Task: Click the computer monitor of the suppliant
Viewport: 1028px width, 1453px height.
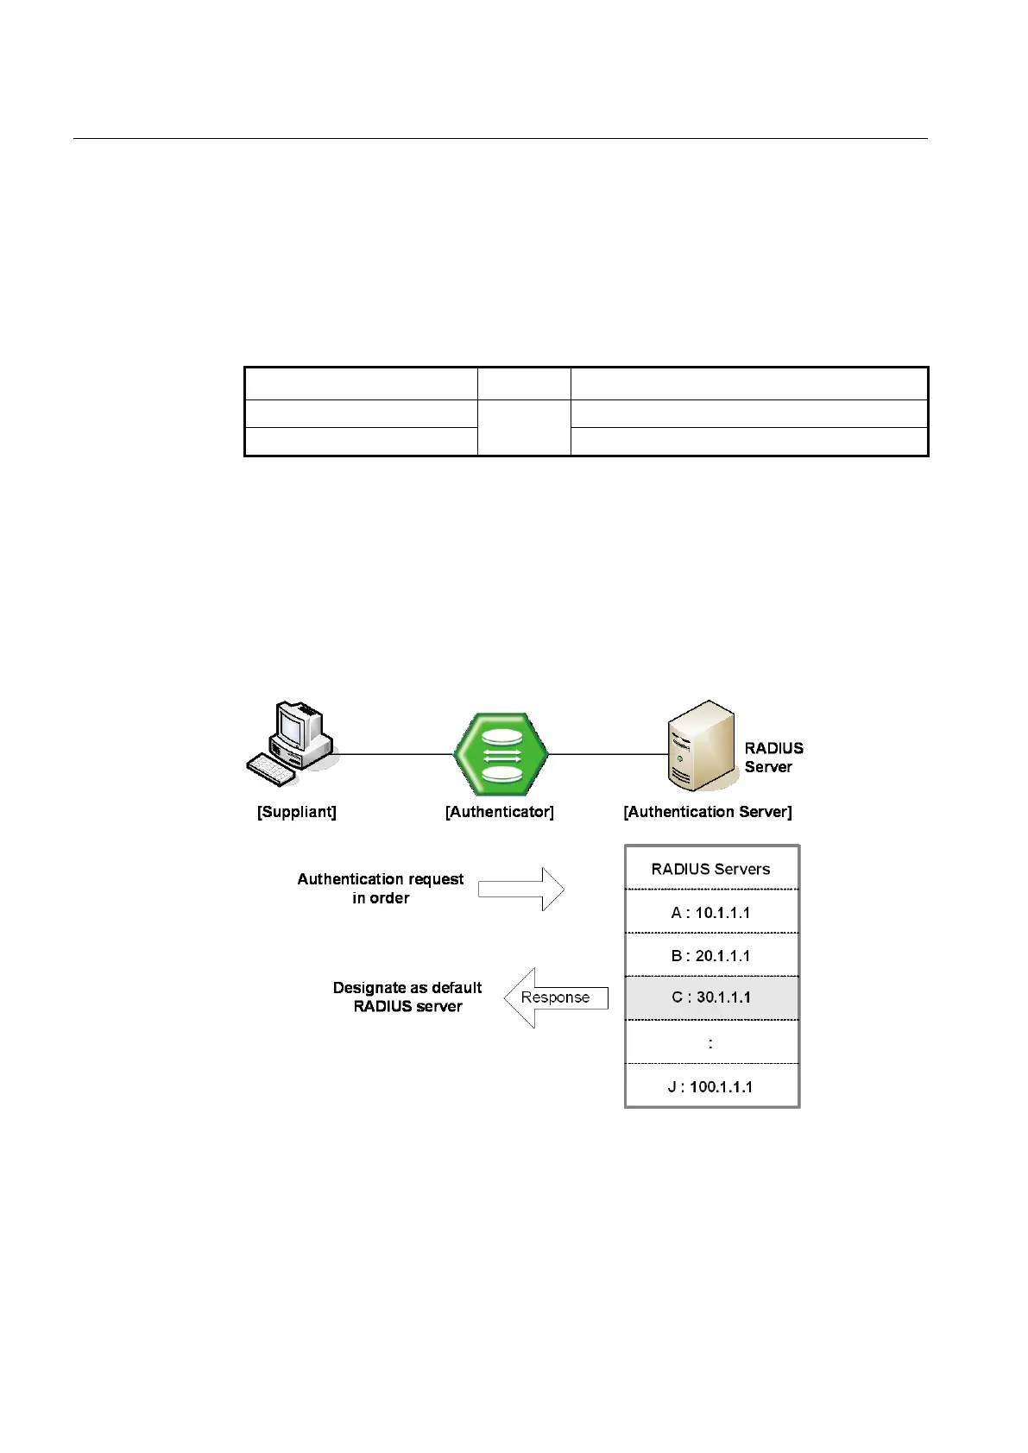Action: [293, 726]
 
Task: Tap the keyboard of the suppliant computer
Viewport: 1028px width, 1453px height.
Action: [272, 768]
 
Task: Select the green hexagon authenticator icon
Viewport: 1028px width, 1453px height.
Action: [501, 754]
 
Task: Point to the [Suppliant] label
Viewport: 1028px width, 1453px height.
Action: [297, 812]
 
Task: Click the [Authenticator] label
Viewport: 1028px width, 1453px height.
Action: [500, 812]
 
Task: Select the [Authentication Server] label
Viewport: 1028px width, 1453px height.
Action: [708, 812]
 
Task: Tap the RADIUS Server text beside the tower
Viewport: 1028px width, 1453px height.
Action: [773, 758]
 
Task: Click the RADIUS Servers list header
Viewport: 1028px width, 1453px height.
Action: [711, 869]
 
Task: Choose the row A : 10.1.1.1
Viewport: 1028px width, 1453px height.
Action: [711, 912]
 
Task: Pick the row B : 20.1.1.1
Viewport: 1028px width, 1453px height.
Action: [711, 955]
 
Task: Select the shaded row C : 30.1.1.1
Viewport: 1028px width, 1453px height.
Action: [711, 997]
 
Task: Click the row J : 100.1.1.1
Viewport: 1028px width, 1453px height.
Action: [711, 1086]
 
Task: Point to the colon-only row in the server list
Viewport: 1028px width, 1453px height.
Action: [711, 1043]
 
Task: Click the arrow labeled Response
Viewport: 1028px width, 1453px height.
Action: [555, 997]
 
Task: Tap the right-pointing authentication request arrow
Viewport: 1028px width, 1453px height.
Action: [520, 889]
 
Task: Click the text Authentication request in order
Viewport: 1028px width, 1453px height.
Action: [381, 888]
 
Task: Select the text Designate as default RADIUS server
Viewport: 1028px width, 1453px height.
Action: [407, 997]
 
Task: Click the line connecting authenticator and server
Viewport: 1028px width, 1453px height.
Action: [608, 754]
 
